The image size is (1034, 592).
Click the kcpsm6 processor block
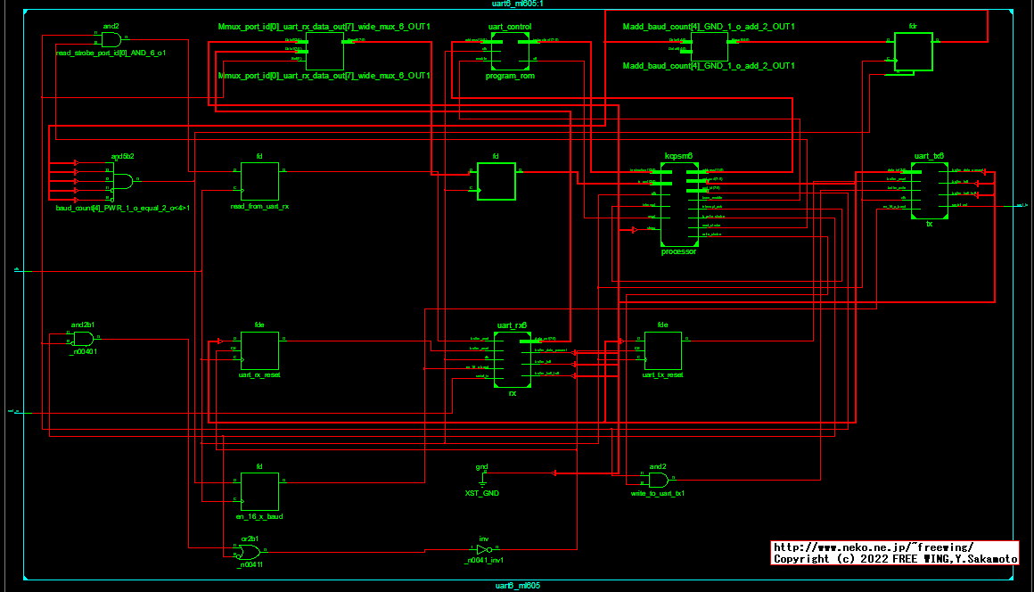[678, 205]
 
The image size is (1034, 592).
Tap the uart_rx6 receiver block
[513, 359]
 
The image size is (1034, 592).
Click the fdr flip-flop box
[914, 53]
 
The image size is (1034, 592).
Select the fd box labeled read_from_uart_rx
[259, 181]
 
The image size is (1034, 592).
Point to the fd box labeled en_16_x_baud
[259, 491]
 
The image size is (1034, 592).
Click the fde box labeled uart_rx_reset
[259, 350]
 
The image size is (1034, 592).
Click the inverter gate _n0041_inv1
[482, 550]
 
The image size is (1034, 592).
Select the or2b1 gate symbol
[250, 552]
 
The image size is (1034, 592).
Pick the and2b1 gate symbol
[83, 339]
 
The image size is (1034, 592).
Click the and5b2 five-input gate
[122, 181]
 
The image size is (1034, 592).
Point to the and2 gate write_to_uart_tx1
[658, 480]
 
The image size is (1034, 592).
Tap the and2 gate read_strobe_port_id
[111, 39]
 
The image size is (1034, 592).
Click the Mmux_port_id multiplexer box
[324, 52]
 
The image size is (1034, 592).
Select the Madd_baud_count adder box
[709, 46]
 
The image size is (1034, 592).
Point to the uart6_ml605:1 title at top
[517, 4]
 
